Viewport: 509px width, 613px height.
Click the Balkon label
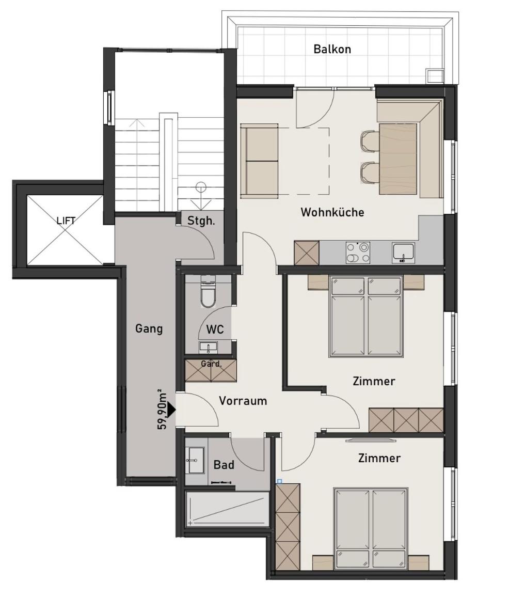(332, 49)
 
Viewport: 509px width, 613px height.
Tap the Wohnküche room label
(332, 212)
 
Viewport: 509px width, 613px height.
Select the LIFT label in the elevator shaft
(66, 221)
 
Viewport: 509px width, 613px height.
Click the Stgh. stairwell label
(201, 221)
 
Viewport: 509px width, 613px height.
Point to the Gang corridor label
(149, 328)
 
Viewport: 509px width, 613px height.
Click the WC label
(215, 329)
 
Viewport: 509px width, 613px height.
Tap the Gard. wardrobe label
(211, 364)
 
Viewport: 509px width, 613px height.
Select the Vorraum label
(243, 401)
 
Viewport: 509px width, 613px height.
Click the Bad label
(224, 465)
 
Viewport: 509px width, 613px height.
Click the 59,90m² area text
(162, 410)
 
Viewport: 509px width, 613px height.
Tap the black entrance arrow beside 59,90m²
(171, 410)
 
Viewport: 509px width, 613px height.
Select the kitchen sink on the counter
(403, 252)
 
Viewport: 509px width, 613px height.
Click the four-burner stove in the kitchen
(358, 253)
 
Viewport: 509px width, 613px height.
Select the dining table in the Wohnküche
(397, 159)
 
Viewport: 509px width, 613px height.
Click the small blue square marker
(279, 481)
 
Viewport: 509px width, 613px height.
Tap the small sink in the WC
(209, 346)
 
